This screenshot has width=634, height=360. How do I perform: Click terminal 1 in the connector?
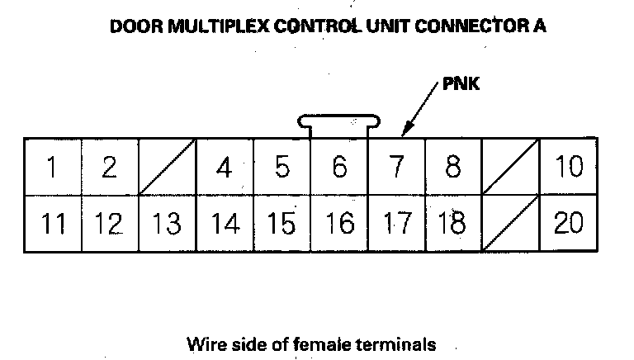(52, 167)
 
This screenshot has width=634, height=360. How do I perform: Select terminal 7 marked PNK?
(396, 167)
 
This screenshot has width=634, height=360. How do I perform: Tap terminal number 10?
(568, 167)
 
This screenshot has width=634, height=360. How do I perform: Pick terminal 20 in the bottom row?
(568, 223)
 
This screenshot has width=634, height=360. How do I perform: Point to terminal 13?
(167, 223)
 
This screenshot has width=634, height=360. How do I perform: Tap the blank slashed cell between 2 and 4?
(167, 167)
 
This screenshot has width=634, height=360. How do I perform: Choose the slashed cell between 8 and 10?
(510, 167)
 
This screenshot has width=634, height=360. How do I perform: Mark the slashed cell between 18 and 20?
(510, 223)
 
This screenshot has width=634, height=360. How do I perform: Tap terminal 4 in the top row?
(224, 167)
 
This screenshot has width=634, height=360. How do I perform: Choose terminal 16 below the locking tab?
(339, 223)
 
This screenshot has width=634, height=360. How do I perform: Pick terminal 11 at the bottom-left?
(52, 223)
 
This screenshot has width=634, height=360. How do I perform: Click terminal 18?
(452, 223)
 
